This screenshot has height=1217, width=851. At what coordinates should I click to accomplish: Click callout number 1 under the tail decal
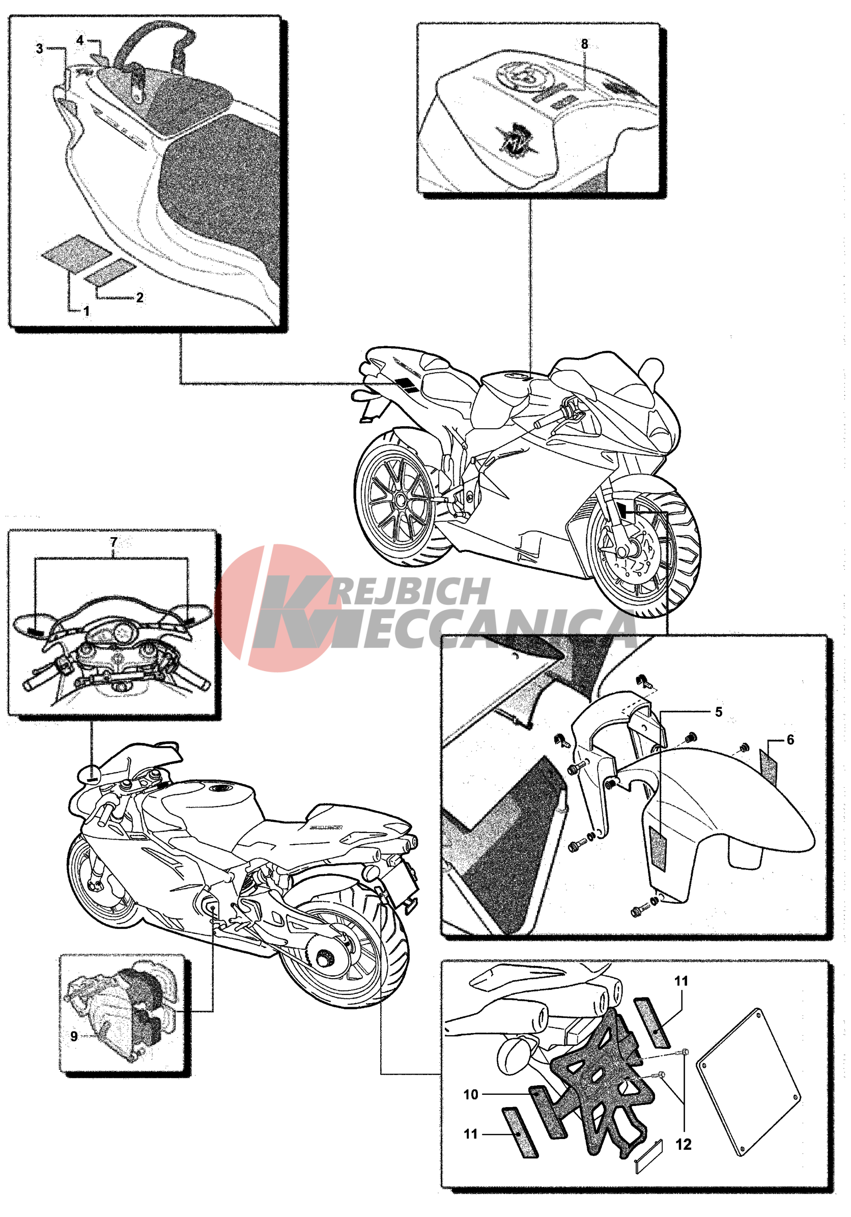point(87,312)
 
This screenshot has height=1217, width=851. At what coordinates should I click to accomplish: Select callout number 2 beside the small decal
point(140,297)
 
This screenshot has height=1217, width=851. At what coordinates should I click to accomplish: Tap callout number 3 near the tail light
point(40,49)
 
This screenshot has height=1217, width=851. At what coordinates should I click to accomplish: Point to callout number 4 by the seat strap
point(80,40)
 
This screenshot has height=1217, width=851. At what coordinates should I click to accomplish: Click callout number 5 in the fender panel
point(719,711)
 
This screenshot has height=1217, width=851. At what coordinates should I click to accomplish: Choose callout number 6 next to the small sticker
point(790,739)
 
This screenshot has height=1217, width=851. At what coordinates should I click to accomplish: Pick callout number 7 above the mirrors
point(114,542)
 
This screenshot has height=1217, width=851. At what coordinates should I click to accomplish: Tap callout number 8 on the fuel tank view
point(584,44)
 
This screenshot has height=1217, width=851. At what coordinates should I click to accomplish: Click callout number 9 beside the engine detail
point(74,1036)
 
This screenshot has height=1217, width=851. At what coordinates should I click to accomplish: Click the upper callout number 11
point(681,981)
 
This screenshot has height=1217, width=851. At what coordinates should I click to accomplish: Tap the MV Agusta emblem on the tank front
point(515,138)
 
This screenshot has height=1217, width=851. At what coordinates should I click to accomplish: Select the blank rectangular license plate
point(748,1082)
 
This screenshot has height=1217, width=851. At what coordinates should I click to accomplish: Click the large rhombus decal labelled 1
point(77,254)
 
